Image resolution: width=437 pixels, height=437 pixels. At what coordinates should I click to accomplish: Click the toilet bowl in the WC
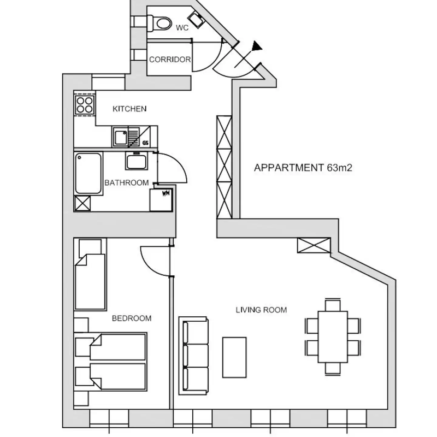pyautogui.click(x=163, y=23)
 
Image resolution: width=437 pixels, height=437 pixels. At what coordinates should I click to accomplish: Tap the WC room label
pyautogui.click(x=182, y=28)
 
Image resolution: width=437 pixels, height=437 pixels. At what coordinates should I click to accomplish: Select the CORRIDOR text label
pyautogui.click(x=170, y=60)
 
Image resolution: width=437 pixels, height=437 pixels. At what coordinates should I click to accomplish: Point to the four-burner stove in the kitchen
pyautogui.click(x=85, y=104)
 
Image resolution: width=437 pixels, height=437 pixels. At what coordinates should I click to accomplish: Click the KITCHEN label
pyautogui.click(x=129, y=109)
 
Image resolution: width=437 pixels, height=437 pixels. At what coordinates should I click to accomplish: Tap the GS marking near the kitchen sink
pyautogui.click(x=145, y=143)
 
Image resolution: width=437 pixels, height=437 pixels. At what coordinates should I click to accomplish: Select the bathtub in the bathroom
pyautogui.click(x=88, y=173)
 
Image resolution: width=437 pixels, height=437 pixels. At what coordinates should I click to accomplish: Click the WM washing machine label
pyautogui.click(x=166, y=193)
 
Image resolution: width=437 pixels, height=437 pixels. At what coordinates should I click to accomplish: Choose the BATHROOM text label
pyautogui.click(x=127, y=183)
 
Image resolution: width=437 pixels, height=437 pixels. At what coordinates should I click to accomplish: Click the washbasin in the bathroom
pyautogui.click(x=136, y=161)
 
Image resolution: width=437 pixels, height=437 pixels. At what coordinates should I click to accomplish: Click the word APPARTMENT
pyautogui.click(x=289, y=168)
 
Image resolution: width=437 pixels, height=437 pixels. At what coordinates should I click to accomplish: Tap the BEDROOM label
pyautogui.click(x=132, y=318)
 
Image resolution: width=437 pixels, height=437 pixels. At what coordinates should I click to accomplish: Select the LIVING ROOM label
pyautogui.click(x=262, y=310)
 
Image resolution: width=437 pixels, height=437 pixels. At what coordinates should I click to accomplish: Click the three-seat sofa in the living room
pyautogui.click(x=193, y=356)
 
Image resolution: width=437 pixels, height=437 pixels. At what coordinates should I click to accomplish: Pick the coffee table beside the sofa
pyautogui.click(x=234, y=358)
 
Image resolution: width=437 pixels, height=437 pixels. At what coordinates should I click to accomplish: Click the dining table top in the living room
pyautogui.click(x=333, y=336)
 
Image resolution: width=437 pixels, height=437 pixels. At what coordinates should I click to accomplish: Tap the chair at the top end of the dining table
pyautogui.click(x=333, y=305)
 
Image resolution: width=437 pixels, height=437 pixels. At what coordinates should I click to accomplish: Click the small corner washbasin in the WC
pyautogui.click(x=196, y=20)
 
